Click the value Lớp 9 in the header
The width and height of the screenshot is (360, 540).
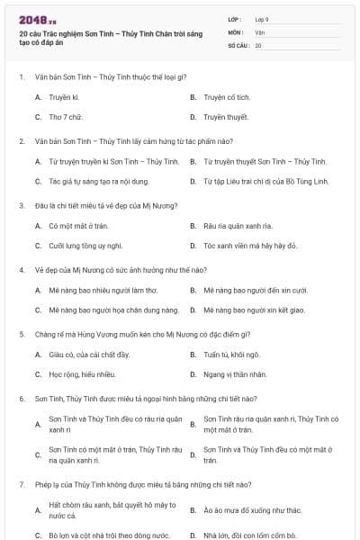pyautogui.click(x=262, y=19)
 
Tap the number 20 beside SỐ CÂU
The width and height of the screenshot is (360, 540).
pyautogui.click(x=258, y=44)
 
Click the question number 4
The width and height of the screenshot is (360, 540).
pyautogui.click(x=22, y=269)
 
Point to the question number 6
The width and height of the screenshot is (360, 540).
pyautogui.click(x=22, y=398)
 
